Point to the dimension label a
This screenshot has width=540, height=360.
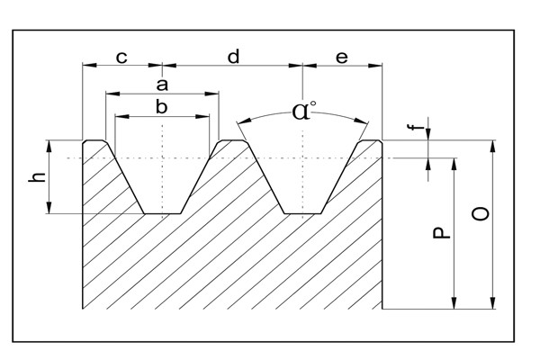(163, 84)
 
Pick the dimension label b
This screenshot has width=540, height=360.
(162, 106)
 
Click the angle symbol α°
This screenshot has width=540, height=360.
(304, 112)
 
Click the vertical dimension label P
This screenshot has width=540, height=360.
(438, 232)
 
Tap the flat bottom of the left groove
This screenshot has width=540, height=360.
(163, 213)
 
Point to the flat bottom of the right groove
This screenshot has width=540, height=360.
(303, 213)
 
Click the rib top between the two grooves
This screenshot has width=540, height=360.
(233, 141)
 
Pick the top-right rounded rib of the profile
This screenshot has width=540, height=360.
(371, 141)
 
